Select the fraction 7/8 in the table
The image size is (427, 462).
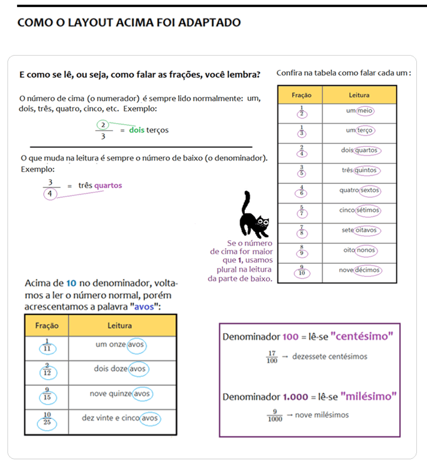(x=302, y=231)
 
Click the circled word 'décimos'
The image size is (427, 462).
(x=368, y=270)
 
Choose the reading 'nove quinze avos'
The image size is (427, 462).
(x=121, y=393)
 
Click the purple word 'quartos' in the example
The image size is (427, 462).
(x=108, y=185)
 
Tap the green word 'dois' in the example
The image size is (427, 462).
(x=137, y=130)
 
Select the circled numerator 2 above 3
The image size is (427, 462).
(x=103, y=125)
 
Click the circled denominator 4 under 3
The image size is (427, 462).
(x=50, y=193)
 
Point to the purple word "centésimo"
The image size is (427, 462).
(x=362, y=337)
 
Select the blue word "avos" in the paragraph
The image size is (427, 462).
(x=144, y=307)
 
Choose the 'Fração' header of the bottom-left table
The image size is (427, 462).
(x=47, y=325)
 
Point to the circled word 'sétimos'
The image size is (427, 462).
(x=368, y=210)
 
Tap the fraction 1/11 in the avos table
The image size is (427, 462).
(x=47, y=345)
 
